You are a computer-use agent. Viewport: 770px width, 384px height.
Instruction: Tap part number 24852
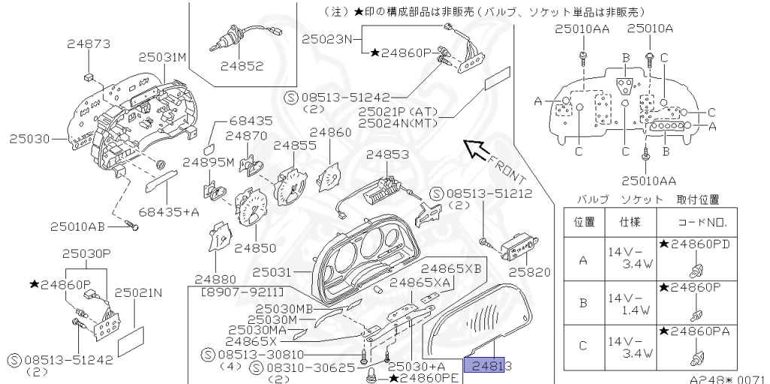pyautogui.click(x=242, y=66)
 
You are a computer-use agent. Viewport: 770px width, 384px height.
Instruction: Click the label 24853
pyautogui.click(x=387, y=155)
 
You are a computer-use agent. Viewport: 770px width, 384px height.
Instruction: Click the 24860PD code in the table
pyautogui.click(x=693, y=244)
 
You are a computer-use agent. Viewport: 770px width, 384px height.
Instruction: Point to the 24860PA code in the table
pyautogui.click(x=693, y=331)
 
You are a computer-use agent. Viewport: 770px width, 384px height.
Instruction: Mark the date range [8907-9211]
pyautogui.click(x=242, y=290)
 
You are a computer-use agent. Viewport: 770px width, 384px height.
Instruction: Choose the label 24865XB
pyautogui.click(x=450, y=268)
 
